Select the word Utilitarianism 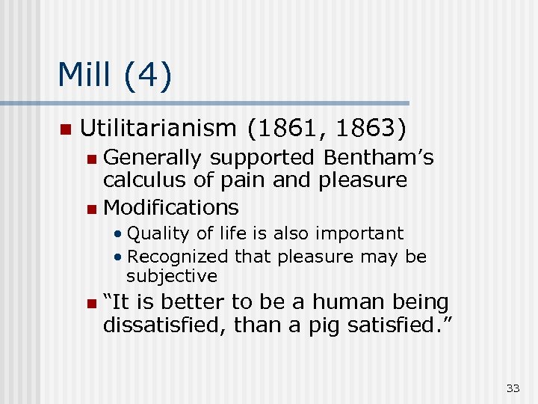coord(158,129)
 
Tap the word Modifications coord(171,206)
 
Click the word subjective coord(172,275)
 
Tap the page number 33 coord(513,388)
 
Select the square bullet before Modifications coord(90,208)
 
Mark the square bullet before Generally coord(90,159)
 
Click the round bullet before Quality coord(118,234)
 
